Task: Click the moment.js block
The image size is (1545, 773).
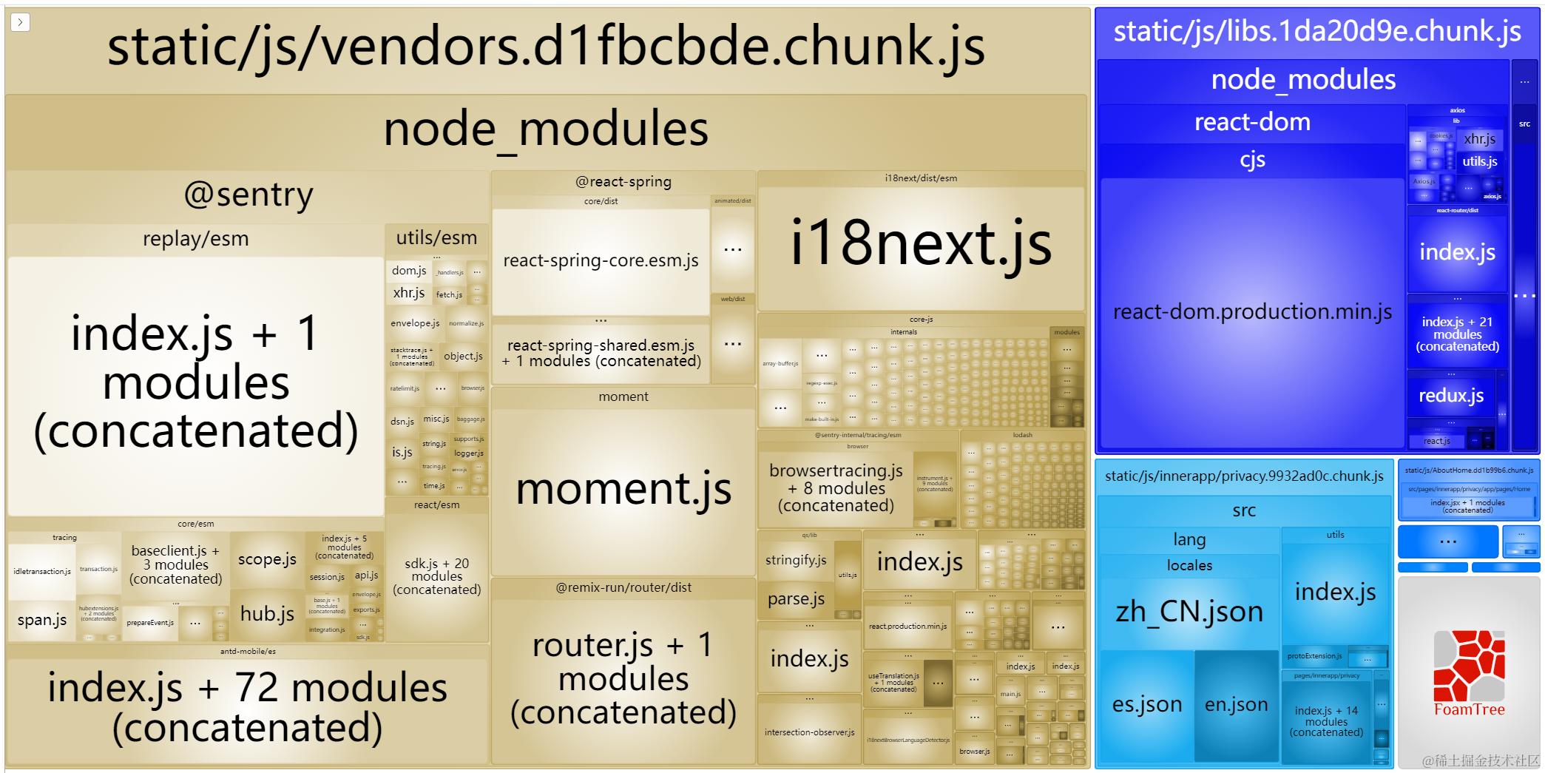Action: click(x=623, y=490)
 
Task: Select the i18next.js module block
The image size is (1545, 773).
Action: click(x=921, y=244)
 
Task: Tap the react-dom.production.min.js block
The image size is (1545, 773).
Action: click(x=1252, y=312)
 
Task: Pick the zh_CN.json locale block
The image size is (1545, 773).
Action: click(x=1189, y=612)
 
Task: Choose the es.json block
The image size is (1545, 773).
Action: click(x=1146, y=705)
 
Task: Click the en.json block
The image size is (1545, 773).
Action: click(x=1236, y=705)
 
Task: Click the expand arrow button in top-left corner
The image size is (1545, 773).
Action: click(x=20, y=22)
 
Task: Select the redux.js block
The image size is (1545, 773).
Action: click(x=1450, y=396)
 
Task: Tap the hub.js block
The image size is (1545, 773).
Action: click(x=267, y=614)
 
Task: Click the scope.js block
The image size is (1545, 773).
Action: click(x=267, y=560)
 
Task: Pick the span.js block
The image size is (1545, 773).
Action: click(x=42, y=621)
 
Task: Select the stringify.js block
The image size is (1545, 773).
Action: click(x=796, y=560)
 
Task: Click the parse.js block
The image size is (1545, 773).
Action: click(x=796, y=599)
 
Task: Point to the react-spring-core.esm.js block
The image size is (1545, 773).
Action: click(x=601, y=260)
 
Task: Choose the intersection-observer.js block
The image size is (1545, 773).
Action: click(x=809, y=732)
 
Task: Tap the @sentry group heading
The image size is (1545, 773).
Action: click(x=249, y=195)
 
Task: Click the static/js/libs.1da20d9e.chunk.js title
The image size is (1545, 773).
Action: click(x=1317, y=32)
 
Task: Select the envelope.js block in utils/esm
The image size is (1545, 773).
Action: click(x=415, y=323)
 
